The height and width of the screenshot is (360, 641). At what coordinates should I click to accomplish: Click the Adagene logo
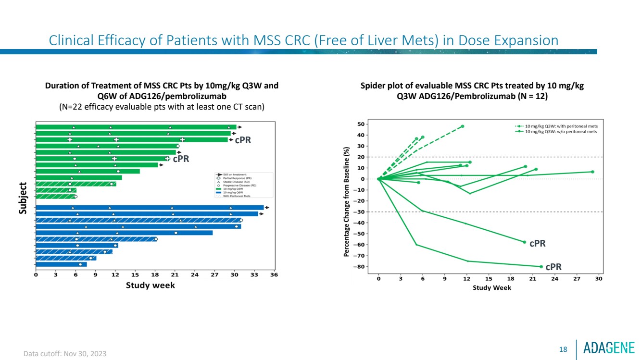609,348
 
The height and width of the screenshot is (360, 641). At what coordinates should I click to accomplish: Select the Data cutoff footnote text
65,354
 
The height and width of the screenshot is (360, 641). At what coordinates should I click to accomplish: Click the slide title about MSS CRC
303,40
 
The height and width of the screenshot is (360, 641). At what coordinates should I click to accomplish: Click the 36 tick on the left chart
274,275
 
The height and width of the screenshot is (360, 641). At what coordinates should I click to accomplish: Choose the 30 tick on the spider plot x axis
599,279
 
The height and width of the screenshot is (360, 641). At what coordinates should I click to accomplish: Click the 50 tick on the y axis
360,124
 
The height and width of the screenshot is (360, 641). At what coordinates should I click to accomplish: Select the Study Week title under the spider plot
492,288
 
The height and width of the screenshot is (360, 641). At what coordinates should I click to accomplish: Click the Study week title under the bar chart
150,286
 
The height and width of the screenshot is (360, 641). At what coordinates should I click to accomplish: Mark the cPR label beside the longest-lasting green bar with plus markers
243,140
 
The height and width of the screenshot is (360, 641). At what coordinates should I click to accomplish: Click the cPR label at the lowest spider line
553,267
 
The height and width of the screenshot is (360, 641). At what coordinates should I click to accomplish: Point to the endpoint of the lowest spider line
541,267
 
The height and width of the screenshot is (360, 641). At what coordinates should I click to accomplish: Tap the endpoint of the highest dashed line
463,126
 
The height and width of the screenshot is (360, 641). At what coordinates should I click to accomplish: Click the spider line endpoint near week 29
592,172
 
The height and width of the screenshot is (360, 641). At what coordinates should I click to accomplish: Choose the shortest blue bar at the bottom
61,264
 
